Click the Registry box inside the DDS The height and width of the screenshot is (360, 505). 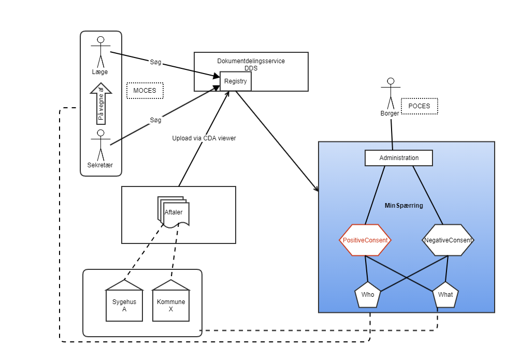click(x=236, y=81)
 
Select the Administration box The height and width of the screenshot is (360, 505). click(x=399, y=158)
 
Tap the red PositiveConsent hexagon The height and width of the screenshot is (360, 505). click(x=365, y=240)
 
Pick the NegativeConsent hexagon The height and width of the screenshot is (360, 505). click(x=448, y=240)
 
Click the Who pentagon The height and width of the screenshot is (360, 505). click(x=368, y=295)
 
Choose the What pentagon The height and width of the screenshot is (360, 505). click(x=445, y=295)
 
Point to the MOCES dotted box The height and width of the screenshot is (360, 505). click(x=145, y=91)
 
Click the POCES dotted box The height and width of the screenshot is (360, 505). click(x=420, y=106)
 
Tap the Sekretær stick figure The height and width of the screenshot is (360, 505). click(x=100, y=145)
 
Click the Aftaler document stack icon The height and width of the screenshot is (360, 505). click(x=173, y=212)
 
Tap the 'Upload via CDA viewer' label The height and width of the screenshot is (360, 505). click(x=204, y=138)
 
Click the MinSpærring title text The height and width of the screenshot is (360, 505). click(x=404, y=206)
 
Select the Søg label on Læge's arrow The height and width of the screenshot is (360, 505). click(x=155, y=62)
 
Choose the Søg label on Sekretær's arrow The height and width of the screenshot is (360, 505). click(x=155, y=120)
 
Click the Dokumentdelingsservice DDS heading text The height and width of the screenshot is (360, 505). click(x=251, y=64)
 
